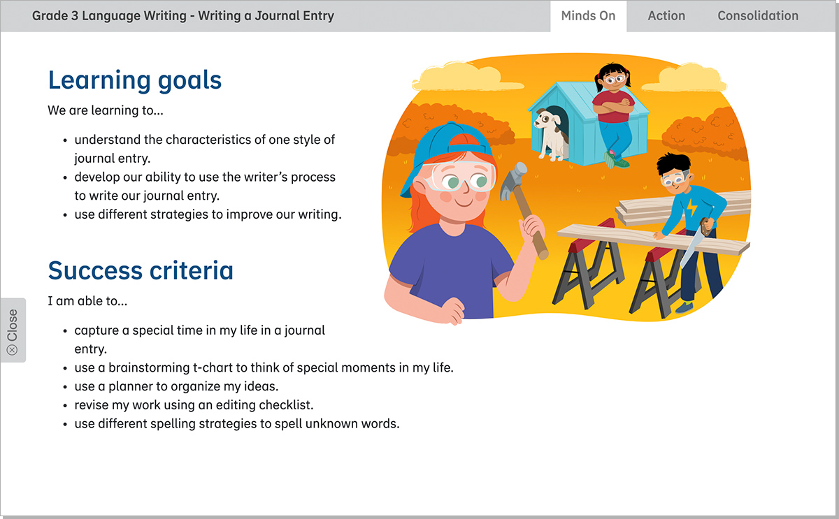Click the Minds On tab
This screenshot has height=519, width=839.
588,16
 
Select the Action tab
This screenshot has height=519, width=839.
666,16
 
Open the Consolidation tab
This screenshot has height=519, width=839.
758,16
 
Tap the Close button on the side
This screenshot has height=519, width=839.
13,331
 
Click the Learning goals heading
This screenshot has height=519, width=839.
134,80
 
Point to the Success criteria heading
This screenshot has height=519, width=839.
141,270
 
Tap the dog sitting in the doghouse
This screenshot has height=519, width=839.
552,133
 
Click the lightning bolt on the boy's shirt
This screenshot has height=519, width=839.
691,208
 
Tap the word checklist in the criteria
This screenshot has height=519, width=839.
287,405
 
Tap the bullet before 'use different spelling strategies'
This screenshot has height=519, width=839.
65,424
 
